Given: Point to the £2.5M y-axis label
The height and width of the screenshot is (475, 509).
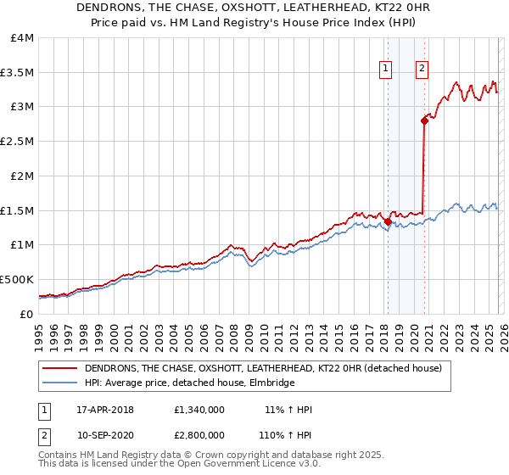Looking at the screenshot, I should pyautogui.click(x=17, y=142).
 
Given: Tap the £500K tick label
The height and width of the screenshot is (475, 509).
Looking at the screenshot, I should pyautogui.click(x=17, y=279).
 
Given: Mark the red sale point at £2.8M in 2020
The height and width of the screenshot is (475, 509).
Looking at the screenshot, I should pyautogui.click(x=423, y=120).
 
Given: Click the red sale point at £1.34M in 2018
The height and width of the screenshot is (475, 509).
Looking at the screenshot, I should pyautogui.click(x=388, y=221).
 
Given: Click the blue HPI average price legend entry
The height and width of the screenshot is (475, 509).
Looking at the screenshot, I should pyautogui.click(x=189, y=383).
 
